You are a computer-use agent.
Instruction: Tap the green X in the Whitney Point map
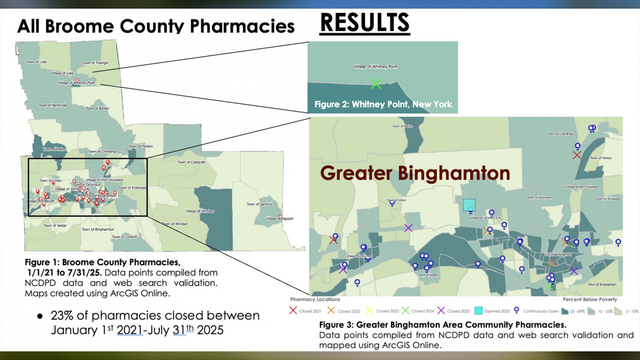(376, 83)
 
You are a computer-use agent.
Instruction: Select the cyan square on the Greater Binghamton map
(469, 205)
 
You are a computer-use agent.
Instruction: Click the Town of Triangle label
(95, 63)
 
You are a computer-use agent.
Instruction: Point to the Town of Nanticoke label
(53, 105)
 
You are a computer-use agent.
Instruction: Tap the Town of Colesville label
(191, 162)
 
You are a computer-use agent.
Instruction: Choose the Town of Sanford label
(259, 204)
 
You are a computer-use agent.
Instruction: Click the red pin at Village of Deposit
(281, 216)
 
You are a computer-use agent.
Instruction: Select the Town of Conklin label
(124, 237)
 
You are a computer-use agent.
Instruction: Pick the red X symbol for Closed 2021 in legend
(293, 310)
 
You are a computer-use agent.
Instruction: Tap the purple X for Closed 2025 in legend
(441, 310)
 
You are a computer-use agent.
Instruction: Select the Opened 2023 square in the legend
(479, 310)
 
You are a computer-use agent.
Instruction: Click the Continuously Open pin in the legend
(517, 310)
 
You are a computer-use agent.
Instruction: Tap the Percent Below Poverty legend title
(590, 299)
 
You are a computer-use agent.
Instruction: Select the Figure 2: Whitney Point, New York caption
(383, 104)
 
